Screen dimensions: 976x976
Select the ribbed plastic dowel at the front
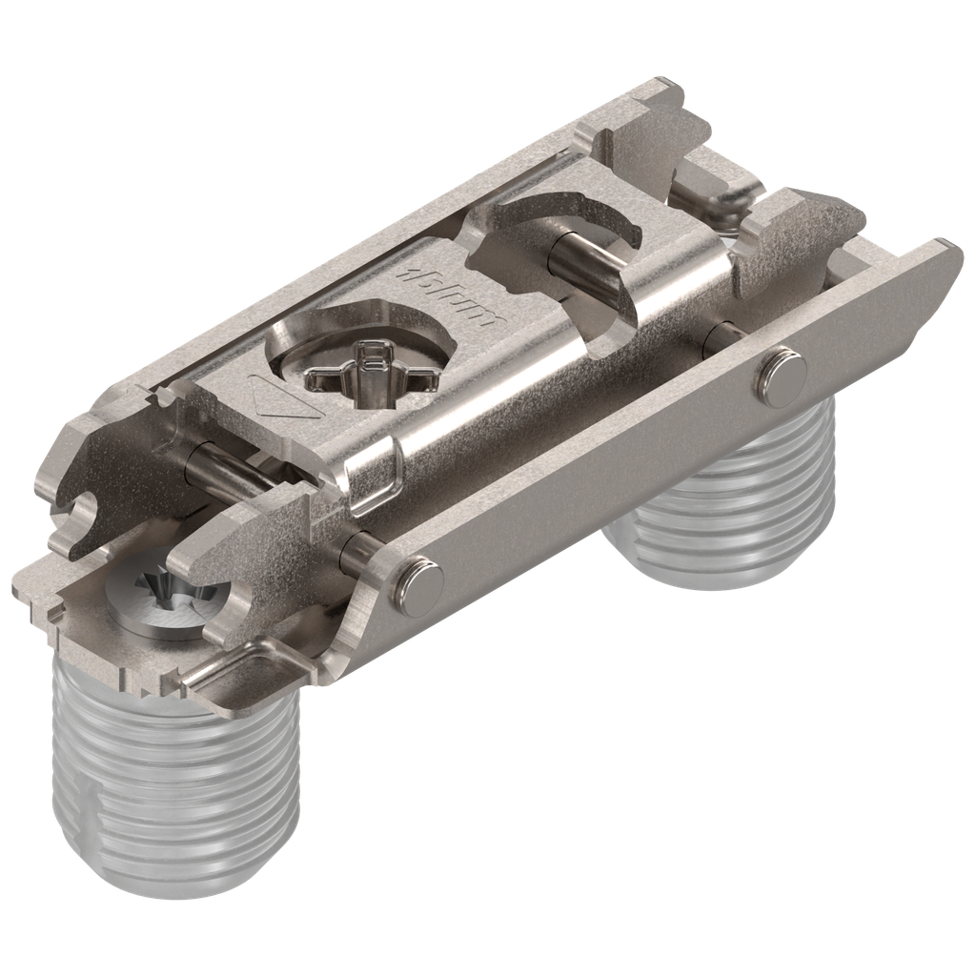point(172,782)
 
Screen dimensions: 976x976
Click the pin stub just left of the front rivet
point(360,550)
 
